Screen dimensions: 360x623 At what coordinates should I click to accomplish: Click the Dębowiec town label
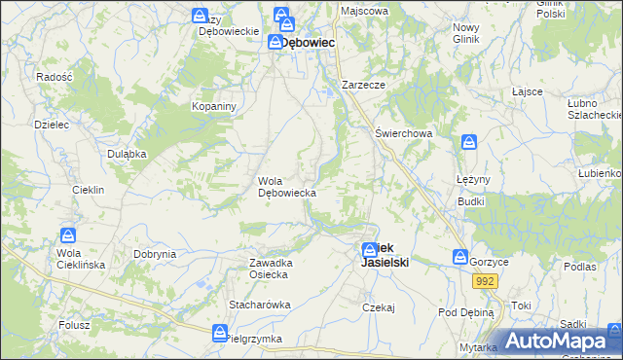pyautogui.click(x=310, y=43)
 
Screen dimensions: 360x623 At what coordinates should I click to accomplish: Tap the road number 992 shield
pyautogui.click(x=485, y=281)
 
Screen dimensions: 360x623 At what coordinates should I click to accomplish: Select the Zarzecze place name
pyautogui.click(x=364, y=85)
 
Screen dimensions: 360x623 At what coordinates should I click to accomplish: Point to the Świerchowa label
pyautogui.click(x=403, y=133)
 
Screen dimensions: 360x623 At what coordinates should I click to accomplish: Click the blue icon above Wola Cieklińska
pyautogui.click(x=69, y=235)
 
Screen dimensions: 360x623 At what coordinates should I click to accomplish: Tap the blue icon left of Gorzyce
pyautogui.click(x=459, y=257)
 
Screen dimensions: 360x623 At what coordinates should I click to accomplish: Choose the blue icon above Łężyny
pyautogui.click(x=469, y=142)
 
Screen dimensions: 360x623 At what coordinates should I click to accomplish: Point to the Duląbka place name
pyautogui.click(x=127, y=154)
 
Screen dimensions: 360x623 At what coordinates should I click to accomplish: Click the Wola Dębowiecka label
pyautogui.click(x=286, y=187)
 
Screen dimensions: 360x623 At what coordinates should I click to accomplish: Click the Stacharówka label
pyautogui.click(x=260, y=305)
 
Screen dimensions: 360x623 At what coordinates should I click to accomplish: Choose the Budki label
pyautogui.click(x=471, y=200)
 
